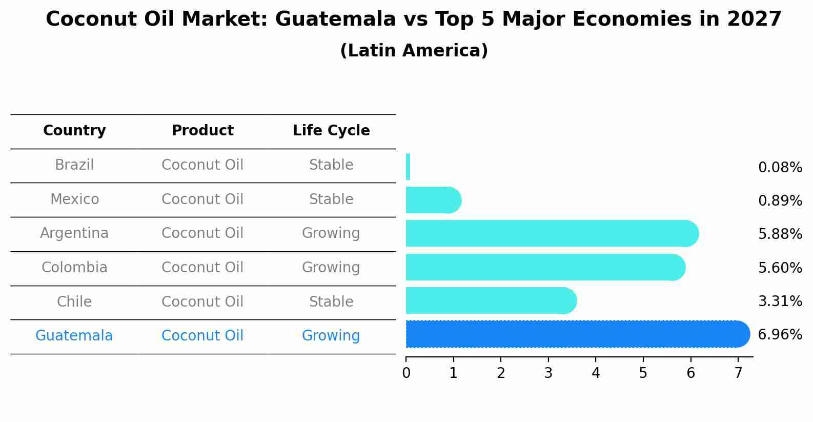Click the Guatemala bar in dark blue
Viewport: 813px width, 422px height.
[574, 334]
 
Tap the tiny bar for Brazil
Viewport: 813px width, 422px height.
[408, 167]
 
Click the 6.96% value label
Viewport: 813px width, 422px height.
[780, 335]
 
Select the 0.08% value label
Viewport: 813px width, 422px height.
[780, 168]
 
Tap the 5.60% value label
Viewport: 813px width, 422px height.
[780, 268]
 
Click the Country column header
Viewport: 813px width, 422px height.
[74, 131]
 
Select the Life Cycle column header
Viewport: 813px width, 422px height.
[331, 131]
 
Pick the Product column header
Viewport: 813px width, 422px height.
[202, 131]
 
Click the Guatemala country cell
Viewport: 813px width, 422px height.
[74, 336]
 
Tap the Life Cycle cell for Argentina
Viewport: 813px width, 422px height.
[331, 233]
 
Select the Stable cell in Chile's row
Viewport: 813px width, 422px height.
[331, 302]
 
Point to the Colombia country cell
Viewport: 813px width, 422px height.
[74, 268]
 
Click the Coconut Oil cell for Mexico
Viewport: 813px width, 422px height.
[202, 199]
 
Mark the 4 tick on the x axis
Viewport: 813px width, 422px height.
[596, 373]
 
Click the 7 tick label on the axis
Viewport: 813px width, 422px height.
[738, 373]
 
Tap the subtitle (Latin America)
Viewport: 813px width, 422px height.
[414, 51]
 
